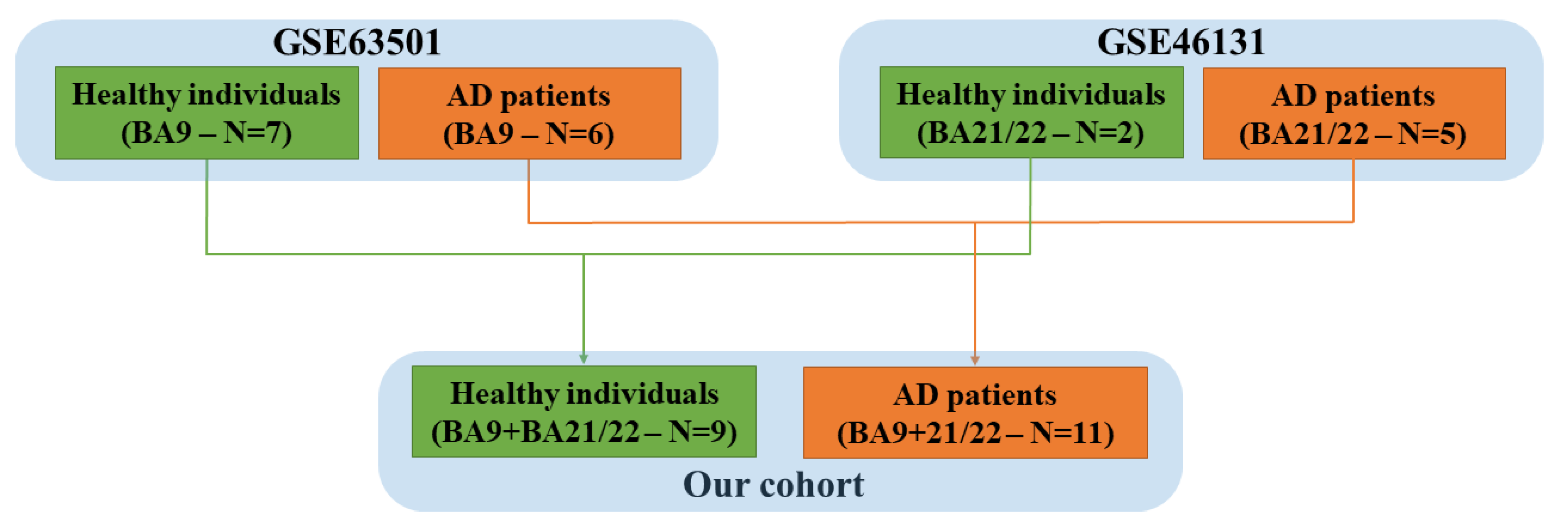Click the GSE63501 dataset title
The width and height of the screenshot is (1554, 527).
coord(357,42)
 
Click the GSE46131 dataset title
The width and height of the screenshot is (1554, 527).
coord(1181,42)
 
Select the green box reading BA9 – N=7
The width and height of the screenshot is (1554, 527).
coord(207,113)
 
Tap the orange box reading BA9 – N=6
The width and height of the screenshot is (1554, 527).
coord(529,113)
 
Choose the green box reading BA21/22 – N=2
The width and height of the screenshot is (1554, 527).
coord(1031,113)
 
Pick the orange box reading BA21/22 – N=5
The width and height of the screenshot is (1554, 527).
coord(1354,113)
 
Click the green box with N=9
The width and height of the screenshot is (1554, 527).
coord(584,411)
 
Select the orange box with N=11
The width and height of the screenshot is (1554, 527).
coord(975,412)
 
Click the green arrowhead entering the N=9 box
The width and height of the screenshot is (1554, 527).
coord(583,359)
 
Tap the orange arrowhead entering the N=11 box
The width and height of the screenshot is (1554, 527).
coord(975,360)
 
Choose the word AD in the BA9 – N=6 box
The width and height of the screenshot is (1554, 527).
coord(469,96)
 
